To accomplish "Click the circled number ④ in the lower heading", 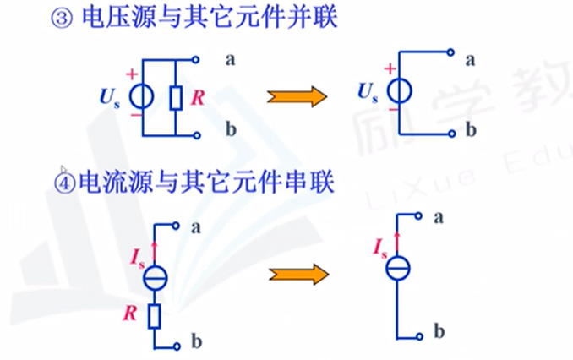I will pyautogui.click(x=66, y=180).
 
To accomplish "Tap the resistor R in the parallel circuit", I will pyautogui.click(x=176, y=98).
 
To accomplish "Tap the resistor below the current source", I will pyautogui.click(x=155, y=316).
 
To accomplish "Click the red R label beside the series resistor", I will pyautogui.click(x=132, y=315).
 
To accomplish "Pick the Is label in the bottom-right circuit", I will pyautogui.click(x=379, y=248).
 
